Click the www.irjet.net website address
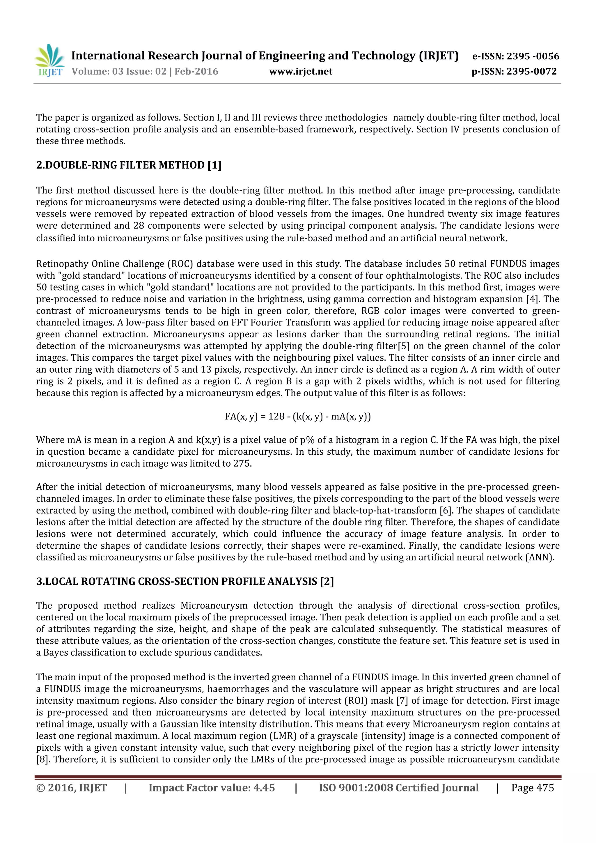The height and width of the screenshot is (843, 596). (301, 71)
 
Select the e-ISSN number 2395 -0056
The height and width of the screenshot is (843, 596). (533, 56)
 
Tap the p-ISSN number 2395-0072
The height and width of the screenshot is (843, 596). (531, 71)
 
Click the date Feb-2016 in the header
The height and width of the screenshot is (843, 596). (196, 71)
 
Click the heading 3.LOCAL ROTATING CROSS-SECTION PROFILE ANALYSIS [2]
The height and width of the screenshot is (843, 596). (185, 582)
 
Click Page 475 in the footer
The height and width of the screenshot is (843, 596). (533, 788)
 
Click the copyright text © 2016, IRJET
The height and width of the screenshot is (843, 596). (72, 788)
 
